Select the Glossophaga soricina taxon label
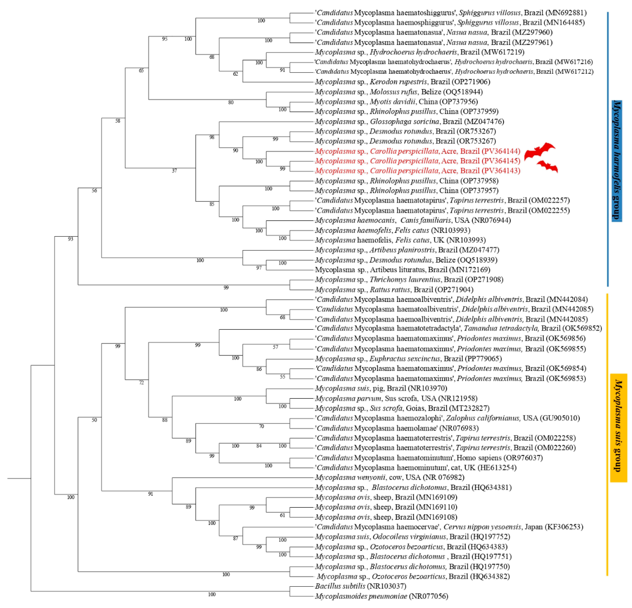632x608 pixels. [404, 122]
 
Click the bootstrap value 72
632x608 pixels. [141, 383]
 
